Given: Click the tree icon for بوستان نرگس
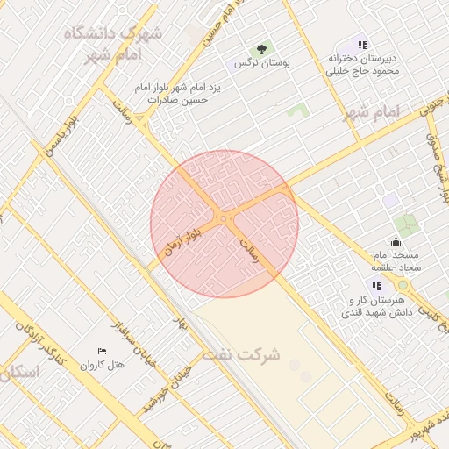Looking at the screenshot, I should pyautogui.click(x=260, y=48).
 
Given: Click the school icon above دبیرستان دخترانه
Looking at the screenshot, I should pyautogui.click(x=361, y=44).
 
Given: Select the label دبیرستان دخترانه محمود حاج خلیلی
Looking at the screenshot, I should pyautogui.click(x=361, y=64).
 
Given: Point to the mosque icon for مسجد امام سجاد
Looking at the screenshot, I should pyautogui.click(x=396, y=242).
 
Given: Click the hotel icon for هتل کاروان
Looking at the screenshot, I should pyautogui.click(x=102, y=352).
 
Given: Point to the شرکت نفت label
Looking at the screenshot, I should pyautogui.click(x=241, y=355).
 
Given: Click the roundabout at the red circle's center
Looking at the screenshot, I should pyautogui.click(x=225, y=217).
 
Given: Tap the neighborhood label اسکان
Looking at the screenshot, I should pyautogui.click(x=19, y=372).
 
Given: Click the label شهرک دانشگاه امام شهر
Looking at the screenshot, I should pyautogui.click(x=110, y=41).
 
